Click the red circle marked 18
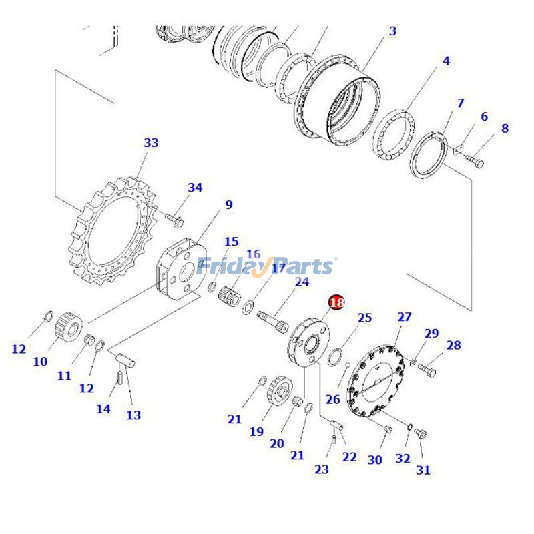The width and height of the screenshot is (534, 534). pos(337,302)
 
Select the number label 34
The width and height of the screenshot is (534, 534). pos(194,188)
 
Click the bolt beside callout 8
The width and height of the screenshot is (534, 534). pos(475,161)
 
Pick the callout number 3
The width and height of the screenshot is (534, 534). pos(392,31)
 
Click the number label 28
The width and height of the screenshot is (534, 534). pos(454,345)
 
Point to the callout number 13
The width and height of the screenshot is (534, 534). pos(133,415)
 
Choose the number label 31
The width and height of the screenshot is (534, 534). pos(423,470)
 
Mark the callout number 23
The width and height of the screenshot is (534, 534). pos(322,469)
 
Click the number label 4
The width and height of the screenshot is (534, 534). pos(445,61)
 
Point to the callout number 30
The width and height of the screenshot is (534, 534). pos(374,459)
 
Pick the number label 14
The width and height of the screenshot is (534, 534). pos(103,409)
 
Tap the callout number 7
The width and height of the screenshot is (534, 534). pos(460,103)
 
